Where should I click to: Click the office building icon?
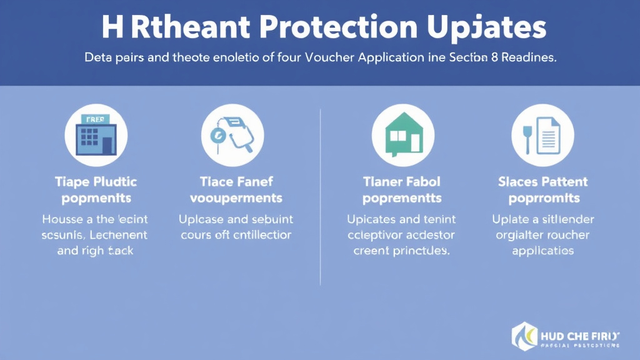click(96, 135)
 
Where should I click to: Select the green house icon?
click(402, 135)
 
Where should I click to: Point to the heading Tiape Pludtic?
click(96, 182)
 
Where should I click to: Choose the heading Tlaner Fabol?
click(402, 182)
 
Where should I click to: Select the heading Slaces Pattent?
click(543, 182)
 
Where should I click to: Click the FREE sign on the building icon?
click(96, 119)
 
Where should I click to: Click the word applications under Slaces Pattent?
click(543, 251)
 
